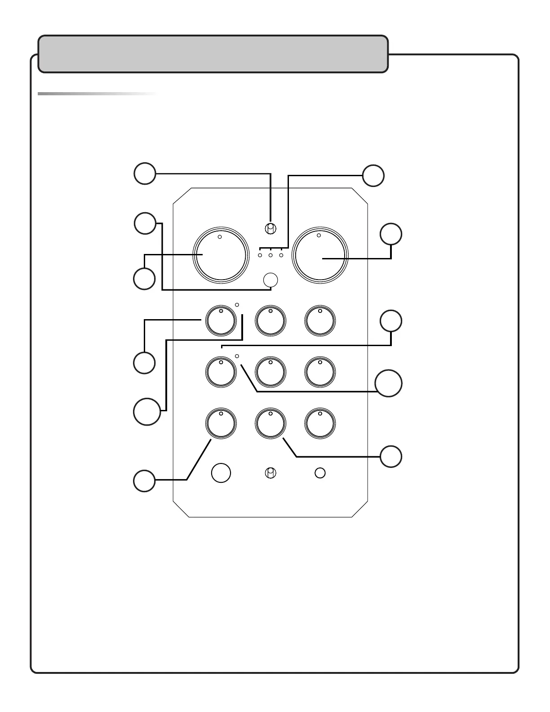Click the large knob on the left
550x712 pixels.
[220, 255]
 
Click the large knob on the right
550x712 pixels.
[320, 255]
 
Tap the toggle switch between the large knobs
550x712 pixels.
[270, 229]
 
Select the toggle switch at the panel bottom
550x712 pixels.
[270, 473]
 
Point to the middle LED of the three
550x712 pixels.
[271, 255]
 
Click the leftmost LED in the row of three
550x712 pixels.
[260, 255]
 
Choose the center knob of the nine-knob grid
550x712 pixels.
[270, 372]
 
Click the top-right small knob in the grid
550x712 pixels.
[320, 320]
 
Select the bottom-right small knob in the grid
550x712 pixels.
[320, 423]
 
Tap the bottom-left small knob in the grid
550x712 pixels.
[221, 423]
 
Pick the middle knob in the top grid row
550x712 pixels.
[270, 320]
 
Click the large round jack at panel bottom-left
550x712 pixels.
[221, 473]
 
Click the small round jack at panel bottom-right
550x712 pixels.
[320, 473]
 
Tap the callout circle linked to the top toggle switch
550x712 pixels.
[145, 174]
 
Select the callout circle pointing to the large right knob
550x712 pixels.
[391, 234]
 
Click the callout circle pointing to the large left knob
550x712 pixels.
[144, 279]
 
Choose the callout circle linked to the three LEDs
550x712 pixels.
[373, 175]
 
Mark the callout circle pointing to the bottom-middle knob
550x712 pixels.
[390, 457]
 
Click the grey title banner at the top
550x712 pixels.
[213, 54]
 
